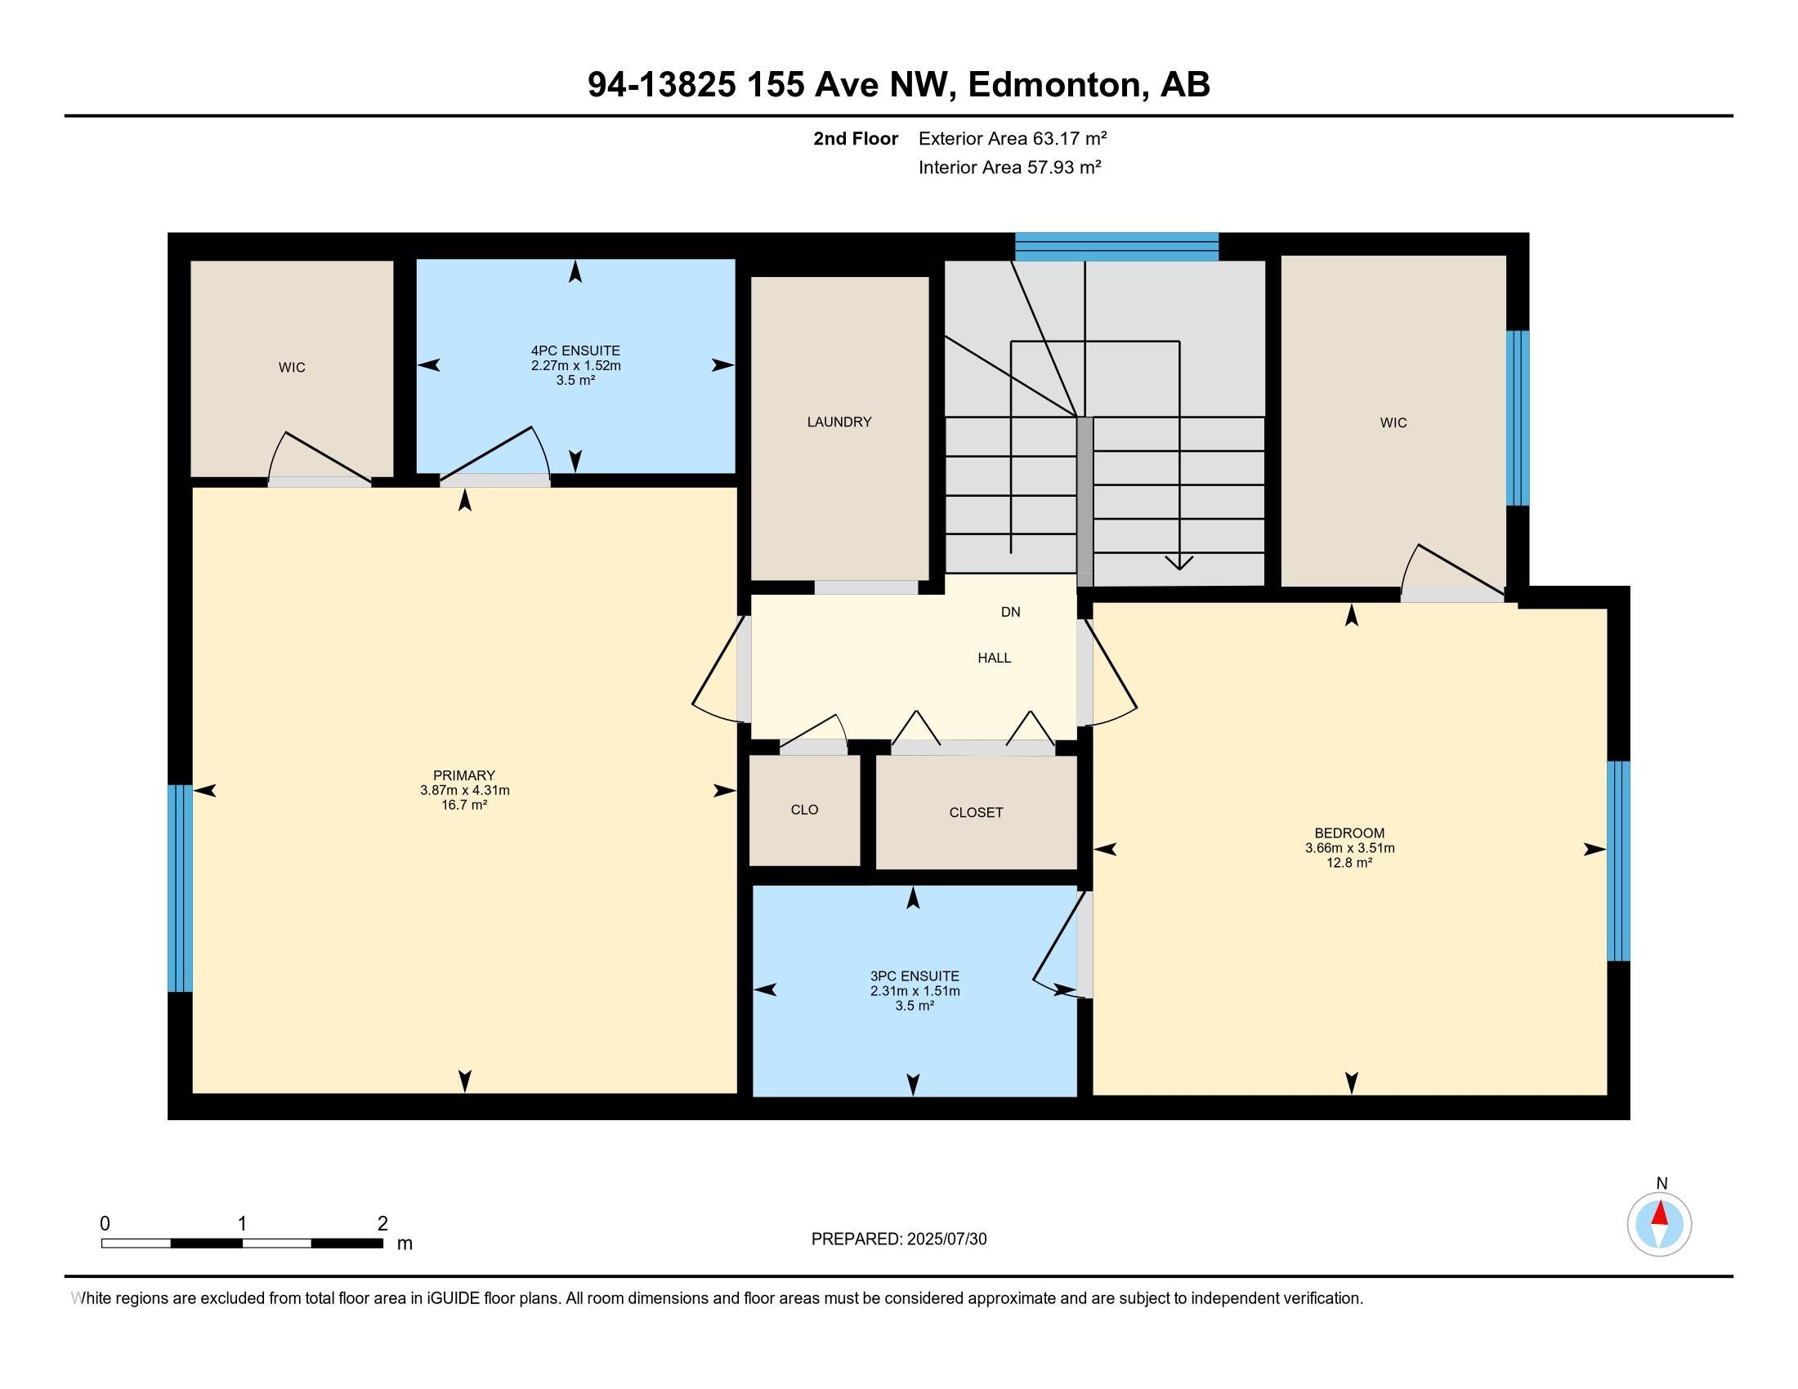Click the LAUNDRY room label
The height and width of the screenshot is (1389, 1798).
pos(838,422)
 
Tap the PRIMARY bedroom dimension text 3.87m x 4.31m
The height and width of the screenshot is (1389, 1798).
pos(464,791)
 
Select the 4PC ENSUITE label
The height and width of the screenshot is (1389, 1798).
pos(575,351)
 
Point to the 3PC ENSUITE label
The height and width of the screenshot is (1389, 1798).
pos(914,976)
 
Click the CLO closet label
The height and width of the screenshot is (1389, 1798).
pos(804,810)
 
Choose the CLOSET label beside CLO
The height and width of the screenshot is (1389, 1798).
pos(976,813)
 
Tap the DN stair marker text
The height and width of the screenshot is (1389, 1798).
pos(1010,612)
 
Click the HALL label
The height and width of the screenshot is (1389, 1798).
pos(994,659)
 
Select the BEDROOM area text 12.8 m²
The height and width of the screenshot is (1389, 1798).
pos(1349,863)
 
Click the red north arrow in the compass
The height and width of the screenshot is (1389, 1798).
pos(1660,1213)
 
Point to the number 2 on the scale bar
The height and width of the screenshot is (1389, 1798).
pos(382,1224)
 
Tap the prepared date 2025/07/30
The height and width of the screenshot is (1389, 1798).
pos(945,1239)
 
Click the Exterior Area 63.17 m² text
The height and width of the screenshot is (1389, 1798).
pos(1012,138)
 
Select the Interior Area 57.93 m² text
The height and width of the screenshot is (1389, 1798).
pos(1009,167)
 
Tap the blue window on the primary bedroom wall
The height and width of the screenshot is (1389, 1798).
pos(180,888)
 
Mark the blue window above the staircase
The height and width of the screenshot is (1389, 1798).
pos(1116,247)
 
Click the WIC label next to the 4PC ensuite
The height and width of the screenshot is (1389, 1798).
pos(292,368)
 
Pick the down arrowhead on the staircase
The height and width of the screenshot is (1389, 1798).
pos(1179,564)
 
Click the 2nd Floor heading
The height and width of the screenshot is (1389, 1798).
pos(856,139)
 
